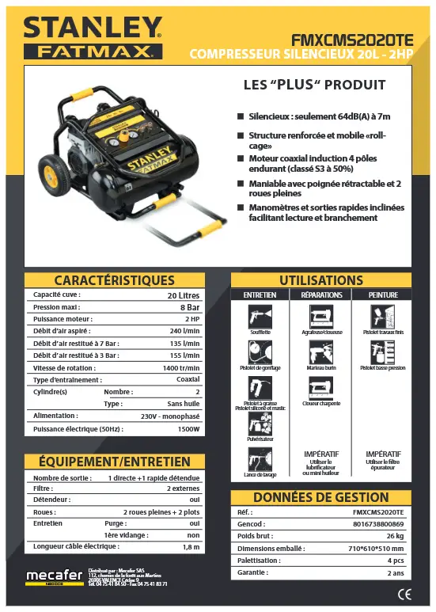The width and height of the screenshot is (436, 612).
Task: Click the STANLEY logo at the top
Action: pos(92,29)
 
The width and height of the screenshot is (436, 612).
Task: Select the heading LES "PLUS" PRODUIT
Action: pos(314,85)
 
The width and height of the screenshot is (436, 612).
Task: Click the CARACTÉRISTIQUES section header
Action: pos(115,280)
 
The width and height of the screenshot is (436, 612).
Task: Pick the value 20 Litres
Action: pos(184,295)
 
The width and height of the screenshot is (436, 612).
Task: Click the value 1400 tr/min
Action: pos(181,367)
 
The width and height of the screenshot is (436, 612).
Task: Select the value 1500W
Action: pos(188,428)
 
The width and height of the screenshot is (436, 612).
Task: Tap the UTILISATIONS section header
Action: pos(321,280)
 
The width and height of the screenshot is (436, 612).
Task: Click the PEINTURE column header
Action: pos(384,295)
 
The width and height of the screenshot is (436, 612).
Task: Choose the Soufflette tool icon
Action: pos(260,317)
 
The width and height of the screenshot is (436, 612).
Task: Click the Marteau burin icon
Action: pos(320,352)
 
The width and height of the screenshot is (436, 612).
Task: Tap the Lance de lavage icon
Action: pos(260,460)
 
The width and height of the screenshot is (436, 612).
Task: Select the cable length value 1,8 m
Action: pos(191,546)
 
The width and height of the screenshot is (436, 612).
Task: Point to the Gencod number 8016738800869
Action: pos(378,524)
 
